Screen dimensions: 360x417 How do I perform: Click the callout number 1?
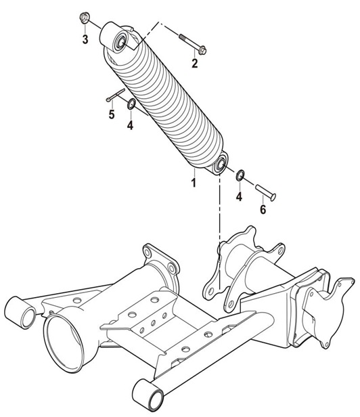(194, 183)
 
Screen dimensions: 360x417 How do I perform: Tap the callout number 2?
(195, 64)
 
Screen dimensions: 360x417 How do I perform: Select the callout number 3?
(85, 39)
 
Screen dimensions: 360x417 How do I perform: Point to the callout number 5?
(112, 114)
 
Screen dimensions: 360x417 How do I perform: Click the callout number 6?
(263, 210)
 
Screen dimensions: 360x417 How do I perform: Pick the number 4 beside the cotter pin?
(130, 125)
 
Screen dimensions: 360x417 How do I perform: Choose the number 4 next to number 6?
(240, 196)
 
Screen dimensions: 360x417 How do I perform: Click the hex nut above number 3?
(84, 18)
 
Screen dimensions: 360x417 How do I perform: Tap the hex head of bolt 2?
(202, 50)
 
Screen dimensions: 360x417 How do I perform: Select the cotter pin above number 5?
(116, 95)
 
